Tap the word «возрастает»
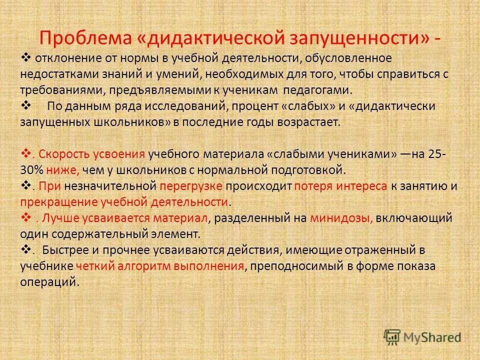[x=311, y=122]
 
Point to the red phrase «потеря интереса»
[x=340, y=186]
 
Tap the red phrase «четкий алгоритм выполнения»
[x=160, y=266]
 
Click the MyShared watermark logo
[x=422, y=336]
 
